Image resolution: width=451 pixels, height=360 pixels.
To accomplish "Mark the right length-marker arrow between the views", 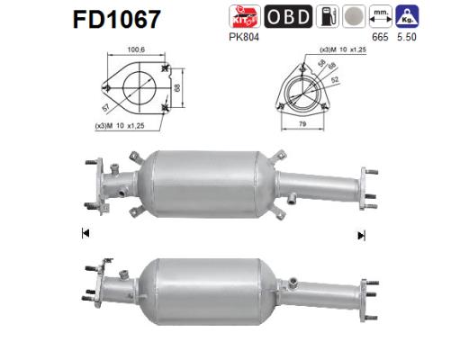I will tap(361, 236).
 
